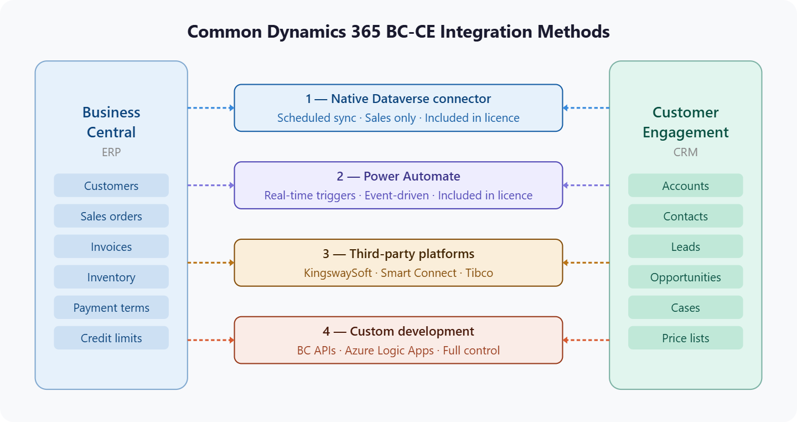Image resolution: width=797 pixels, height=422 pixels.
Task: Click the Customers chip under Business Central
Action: click(111, 186)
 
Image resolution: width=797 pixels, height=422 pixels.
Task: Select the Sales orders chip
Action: click(111, 216)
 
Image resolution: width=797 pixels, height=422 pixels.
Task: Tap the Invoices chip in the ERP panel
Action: click(111, 246)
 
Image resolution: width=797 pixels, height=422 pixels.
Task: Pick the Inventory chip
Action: click(111, 277)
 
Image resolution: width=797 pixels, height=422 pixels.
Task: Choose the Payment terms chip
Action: click(111, 307)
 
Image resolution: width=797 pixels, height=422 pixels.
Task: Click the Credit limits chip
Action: click(111, 338)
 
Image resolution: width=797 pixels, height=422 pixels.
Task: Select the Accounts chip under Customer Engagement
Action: click(685, 186)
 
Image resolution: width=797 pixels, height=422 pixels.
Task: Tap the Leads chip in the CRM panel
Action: click(685, 246)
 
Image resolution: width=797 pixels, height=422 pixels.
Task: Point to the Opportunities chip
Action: click(685, 277)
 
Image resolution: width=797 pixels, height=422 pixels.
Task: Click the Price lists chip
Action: click(685, 338)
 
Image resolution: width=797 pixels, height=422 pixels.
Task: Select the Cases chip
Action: click(685, 307)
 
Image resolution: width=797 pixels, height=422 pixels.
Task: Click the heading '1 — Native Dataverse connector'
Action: click(398, 99)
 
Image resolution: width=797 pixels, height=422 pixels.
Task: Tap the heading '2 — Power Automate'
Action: click(398, 177)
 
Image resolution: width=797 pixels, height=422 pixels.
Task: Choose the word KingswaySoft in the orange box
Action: click(338, 273)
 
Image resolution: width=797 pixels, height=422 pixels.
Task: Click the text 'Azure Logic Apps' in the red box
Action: click(389, 351)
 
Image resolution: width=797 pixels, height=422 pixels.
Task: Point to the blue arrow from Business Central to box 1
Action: click(211, 108)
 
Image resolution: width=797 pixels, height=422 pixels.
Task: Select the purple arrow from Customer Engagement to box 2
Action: click(586, 186)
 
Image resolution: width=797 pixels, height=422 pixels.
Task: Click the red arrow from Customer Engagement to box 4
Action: click(586, 340)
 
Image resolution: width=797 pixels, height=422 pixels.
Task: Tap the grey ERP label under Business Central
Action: click(111, 152)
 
